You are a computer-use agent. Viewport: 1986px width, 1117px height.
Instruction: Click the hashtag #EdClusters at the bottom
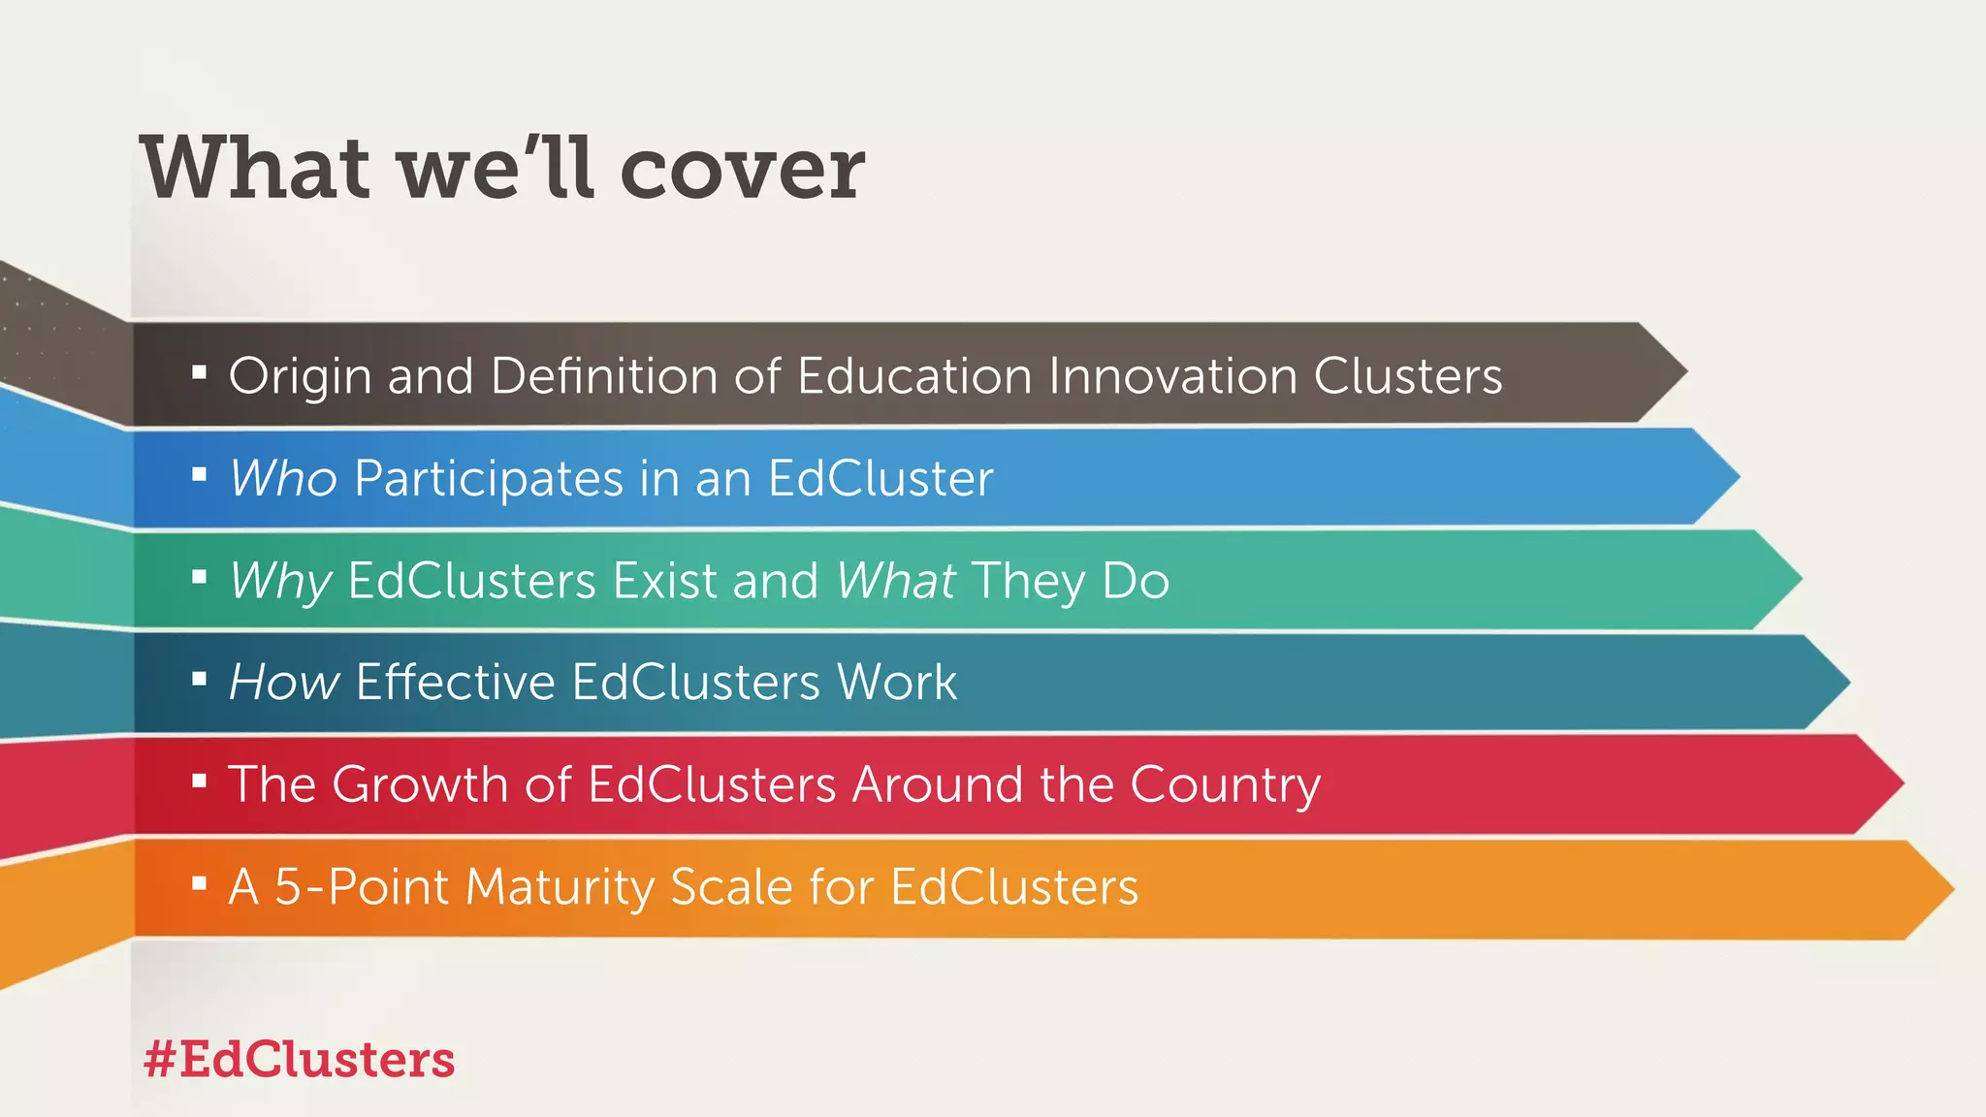[299, 1059]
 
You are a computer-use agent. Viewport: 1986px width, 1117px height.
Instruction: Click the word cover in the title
[741, 169]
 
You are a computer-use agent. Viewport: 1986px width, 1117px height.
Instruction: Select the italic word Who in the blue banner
[283, 478]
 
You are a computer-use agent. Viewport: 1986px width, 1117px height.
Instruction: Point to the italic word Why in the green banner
[280, 582]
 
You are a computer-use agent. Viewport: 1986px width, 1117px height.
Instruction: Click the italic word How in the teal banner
[284, 682]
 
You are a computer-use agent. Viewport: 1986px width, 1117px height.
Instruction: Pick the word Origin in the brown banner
[300, 377]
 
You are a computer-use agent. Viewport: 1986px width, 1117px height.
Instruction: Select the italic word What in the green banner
[896, 581]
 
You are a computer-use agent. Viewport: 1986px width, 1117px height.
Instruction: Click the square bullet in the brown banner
[200, 372]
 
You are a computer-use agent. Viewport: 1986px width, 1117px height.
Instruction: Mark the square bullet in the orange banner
[200, 883]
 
